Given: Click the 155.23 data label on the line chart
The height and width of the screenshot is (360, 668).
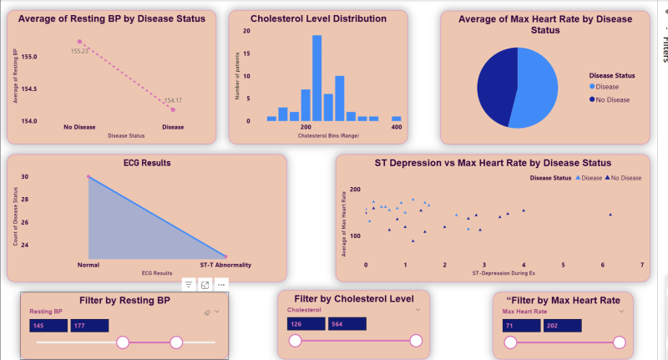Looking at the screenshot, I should tap(80, 51).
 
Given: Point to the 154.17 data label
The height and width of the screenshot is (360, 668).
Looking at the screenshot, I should tap(173, 100).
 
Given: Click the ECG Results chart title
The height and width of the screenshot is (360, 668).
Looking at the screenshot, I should tap(147, 163).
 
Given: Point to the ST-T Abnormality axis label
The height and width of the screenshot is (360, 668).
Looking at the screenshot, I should tap(225, 265).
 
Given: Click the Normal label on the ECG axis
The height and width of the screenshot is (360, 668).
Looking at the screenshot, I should tap(88, 265).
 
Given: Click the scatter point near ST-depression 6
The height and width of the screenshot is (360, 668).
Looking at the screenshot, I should tap(610, 215).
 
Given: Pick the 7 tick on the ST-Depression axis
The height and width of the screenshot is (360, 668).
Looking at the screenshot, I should tap(642, 264).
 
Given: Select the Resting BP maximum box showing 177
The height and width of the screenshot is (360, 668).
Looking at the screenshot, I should tap(89, 326).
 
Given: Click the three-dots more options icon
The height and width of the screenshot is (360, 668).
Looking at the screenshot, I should tap(221, 285).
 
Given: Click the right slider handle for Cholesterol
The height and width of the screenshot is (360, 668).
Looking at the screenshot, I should tap(416, 340).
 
